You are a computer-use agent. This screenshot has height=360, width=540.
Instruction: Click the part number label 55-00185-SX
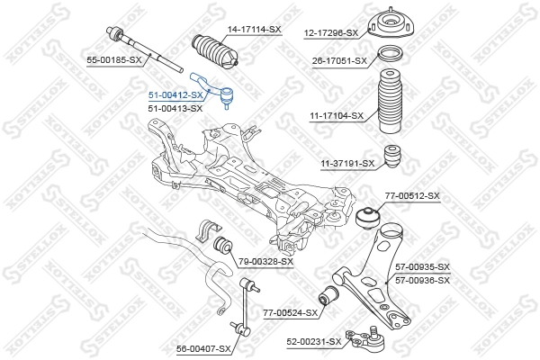114,59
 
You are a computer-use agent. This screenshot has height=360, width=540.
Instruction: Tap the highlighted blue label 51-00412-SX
175,94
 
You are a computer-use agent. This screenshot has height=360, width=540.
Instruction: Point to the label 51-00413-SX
175,108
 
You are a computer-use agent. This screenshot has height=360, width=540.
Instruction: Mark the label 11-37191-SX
347,163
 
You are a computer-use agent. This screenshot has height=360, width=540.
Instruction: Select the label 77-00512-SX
412,195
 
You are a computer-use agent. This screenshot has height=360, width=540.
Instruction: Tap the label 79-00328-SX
265,261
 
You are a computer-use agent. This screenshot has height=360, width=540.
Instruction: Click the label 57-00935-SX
421,267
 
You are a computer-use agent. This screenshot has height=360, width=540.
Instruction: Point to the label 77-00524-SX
291,312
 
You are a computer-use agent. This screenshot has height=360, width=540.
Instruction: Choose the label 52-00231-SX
314,341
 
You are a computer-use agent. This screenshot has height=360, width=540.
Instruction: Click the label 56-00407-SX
204,347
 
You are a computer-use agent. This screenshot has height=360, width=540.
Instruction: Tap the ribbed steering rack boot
215,53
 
